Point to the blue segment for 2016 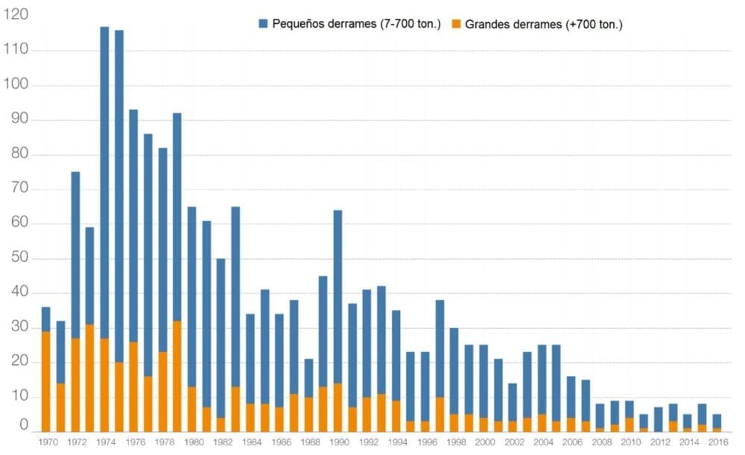click(x=717, y=421)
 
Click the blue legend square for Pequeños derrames click(x=263, y=24)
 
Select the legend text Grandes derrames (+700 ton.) click(x=544, y=24)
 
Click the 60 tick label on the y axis click(x=19, y=224)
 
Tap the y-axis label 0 click(x=25, y=427)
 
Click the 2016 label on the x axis click(x=717, y=442)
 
